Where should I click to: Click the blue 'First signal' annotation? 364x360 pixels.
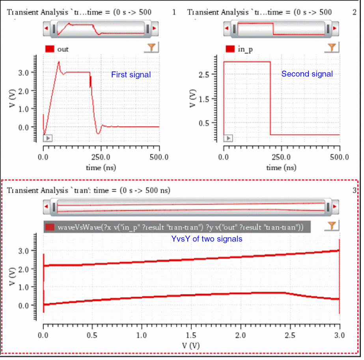131,74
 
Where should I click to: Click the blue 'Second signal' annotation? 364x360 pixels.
306,74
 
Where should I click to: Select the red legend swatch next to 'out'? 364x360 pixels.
50,49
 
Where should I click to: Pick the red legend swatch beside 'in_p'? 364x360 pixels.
230,49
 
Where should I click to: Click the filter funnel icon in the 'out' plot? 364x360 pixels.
151,48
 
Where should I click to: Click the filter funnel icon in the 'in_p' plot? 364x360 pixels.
331,48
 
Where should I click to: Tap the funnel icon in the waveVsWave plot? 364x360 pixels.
331,226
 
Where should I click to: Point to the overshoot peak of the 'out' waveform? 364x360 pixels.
59,62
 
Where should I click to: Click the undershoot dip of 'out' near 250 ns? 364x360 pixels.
98,133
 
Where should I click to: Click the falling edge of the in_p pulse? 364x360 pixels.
271,99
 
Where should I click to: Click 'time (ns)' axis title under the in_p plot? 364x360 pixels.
281,167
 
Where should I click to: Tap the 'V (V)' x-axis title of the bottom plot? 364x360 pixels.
191,345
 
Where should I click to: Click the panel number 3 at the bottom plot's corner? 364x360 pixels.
354,190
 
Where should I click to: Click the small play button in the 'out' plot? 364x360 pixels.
48,138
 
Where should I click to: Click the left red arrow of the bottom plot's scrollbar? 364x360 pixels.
47,206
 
